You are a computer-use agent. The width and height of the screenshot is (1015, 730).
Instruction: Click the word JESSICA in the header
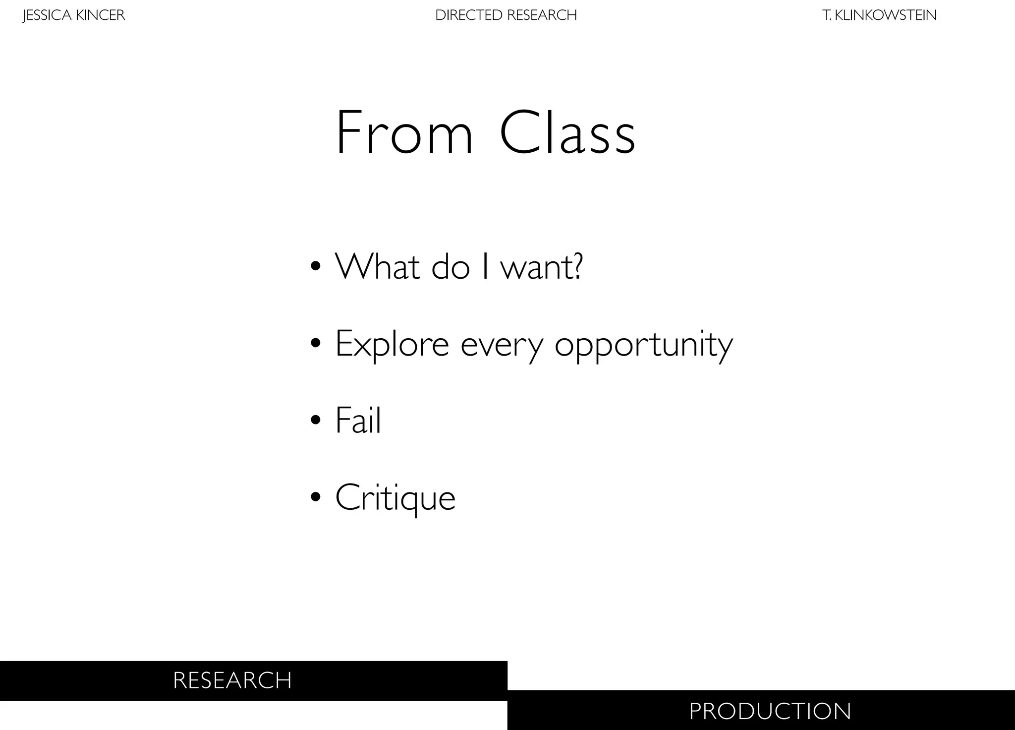48,15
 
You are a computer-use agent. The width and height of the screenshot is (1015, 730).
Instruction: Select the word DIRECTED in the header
469,15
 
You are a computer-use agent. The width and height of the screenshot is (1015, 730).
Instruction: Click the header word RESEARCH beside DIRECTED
542,15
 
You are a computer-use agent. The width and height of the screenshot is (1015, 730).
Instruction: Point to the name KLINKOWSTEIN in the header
886,15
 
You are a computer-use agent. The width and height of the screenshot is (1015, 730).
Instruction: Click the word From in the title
404,133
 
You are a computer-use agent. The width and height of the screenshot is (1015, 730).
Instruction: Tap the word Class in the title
567,133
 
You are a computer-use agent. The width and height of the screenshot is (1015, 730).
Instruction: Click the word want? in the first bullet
542,266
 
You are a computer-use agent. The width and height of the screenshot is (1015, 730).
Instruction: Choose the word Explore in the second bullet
392,344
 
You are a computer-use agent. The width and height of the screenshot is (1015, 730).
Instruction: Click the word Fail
358,420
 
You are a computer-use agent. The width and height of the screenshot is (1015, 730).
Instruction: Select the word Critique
395,498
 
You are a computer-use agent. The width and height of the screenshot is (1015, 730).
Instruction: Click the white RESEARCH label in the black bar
232,680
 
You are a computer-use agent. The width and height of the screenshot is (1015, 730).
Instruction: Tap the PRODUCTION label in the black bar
770,711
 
